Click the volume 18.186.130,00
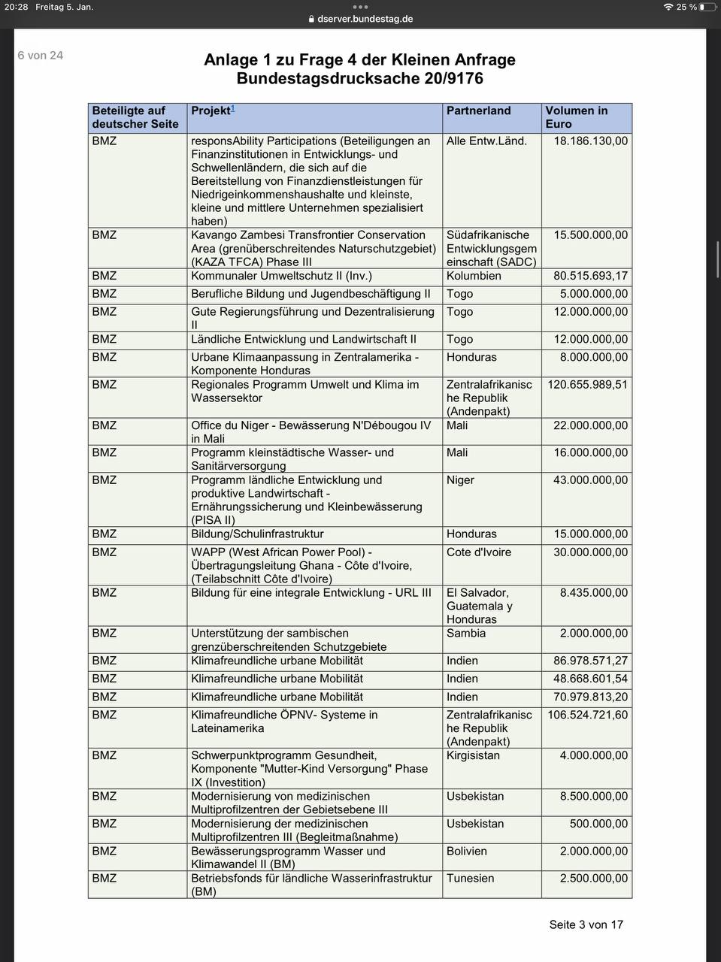590,141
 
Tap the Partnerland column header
478,110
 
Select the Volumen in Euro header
576,117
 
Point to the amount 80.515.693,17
590,276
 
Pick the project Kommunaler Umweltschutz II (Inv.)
281,276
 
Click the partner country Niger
460,479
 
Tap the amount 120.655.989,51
587,384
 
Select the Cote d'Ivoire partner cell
478,552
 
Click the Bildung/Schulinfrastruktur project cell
257,534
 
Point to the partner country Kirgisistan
473,755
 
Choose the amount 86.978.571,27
590,661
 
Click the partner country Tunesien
470,878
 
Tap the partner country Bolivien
466,851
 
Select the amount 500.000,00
598,824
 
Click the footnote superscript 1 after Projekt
233,108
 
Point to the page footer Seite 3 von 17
586,924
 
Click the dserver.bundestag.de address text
365,19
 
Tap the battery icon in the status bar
707,7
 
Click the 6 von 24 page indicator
41,55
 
